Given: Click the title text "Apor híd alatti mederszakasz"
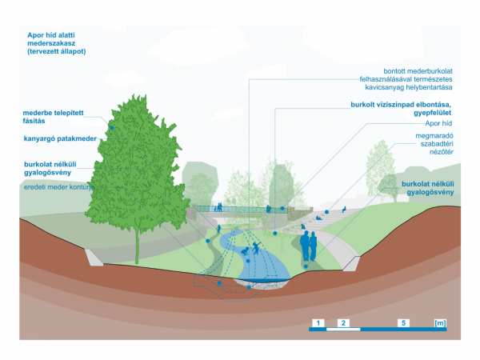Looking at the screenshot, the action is [x=51, y=39].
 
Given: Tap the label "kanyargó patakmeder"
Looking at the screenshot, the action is [x=60, y=138].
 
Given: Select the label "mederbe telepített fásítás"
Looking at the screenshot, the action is [x=53, y=117].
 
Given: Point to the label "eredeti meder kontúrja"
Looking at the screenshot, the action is [x=59, y=187].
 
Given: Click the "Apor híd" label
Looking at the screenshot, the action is [x=438, y=123].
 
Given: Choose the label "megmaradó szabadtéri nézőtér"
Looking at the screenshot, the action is [x=434, y=144].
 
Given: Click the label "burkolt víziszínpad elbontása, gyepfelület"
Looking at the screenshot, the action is [x=401, y=109].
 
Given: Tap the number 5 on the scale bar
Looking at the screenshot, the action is [x=403, y=323].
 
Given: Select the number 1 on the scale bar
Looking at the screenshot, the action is [x=318, y=323].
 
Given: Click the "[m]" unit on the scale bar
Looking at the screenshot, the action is [x=440, y=323].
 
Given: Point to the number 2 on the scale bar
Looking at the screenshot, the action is [x=343, y=323].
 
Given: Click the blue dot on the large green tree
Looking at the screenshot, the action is [x=112, y=128].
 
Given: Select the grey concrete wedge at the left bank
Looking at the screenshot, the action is [x=94, y=257].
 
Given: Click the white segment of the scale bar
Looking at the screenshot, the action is [x=343, y=330].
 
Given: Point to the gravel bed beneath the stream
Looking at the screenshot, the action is [x=262, y=285].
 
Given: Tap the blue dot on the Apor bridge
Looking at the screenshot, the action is [x=282, y=208].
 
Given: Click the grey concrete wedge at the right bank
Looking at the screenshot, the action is [x=351, y=263].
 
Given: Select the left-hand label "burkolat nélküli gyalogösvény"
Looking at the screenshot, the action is [x=50, y=168].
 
